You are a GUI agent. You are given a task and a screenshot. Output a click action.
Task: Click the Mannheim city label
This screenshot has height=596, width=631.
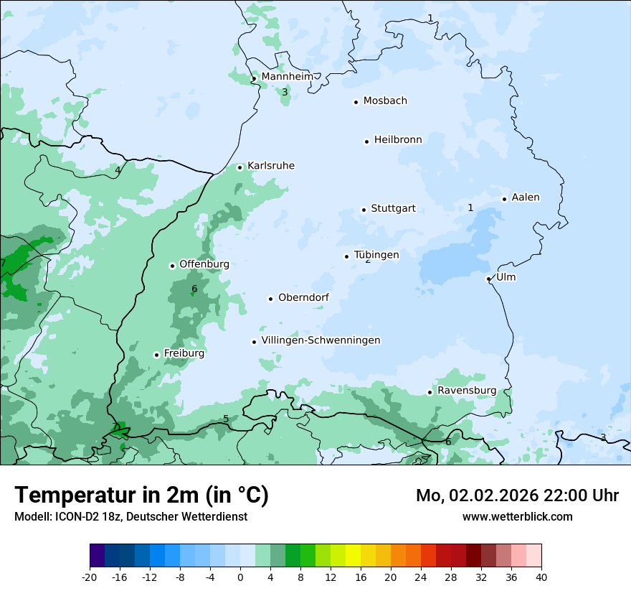(287, 77)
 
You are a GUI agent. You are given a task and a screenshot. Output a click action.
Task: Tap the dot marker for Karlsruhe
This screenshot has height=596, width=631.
(240, 167)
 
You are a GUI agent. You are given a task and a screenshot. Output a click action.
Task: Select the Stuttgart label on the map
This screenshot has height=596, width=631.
(393, 209)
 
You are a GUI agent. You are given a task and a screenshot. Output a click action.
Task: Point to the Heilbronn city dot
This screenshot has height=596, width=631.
(366, 141)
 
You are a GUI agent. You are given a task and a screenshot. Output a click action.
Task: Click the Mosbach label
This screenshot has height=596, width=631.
(385, 101)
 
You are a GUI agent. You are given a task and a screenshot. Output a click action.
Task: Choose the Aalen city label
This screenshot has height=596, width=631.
(526, 197)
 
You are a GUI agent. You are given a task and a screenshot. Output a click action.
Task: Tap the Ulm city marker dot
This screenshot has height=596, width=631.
(488, 279)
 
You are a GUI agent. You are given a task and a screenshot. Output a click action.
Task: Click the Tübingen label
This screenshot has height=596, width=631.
(376, 255)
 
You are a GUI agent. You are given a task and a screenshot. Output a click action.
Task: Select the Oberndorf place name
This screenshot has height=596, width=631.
(304, 298)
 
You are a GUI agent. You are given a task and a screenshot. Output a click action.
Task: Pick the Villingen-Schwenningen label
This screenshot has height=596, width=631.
(321, 340)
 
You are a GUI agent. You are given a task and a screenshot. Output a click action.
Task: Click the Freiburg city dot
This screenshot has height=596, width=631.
(156, 355)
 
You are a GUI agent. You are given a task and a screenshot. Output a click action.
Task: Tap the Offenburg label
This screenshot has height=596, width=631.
(204, 264)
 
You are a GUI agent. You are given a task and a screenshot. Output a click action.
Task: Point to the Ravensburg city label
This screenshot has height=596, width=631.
(467, 391)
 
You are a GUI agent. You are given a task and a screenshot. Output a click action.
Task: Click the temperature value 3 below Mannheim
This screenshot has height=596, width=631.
(285, 92)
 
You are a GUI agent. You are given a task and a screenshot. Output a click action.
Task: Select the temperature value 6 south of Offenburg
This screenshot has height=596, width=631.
(194, 289)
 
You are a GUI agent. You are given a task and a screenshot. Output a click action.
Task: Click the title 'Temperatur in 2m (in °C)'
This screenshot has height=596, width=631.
(142, 495)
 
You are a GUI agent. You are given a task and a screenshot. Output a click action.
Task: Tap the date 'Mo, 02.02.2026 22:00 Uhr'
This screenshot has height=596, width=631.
(517, 495)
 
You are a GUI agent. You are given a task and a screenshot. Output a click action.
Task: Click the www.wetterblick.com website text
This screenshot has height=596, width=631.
(517, 516)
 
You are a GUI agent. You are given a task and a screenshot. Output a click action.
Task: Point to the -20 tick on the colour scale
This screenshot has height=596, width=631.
(90, 577)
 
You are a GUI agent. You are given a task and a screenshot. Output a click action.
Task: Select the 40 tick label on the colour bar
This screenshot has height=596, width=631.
(541, 577)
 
